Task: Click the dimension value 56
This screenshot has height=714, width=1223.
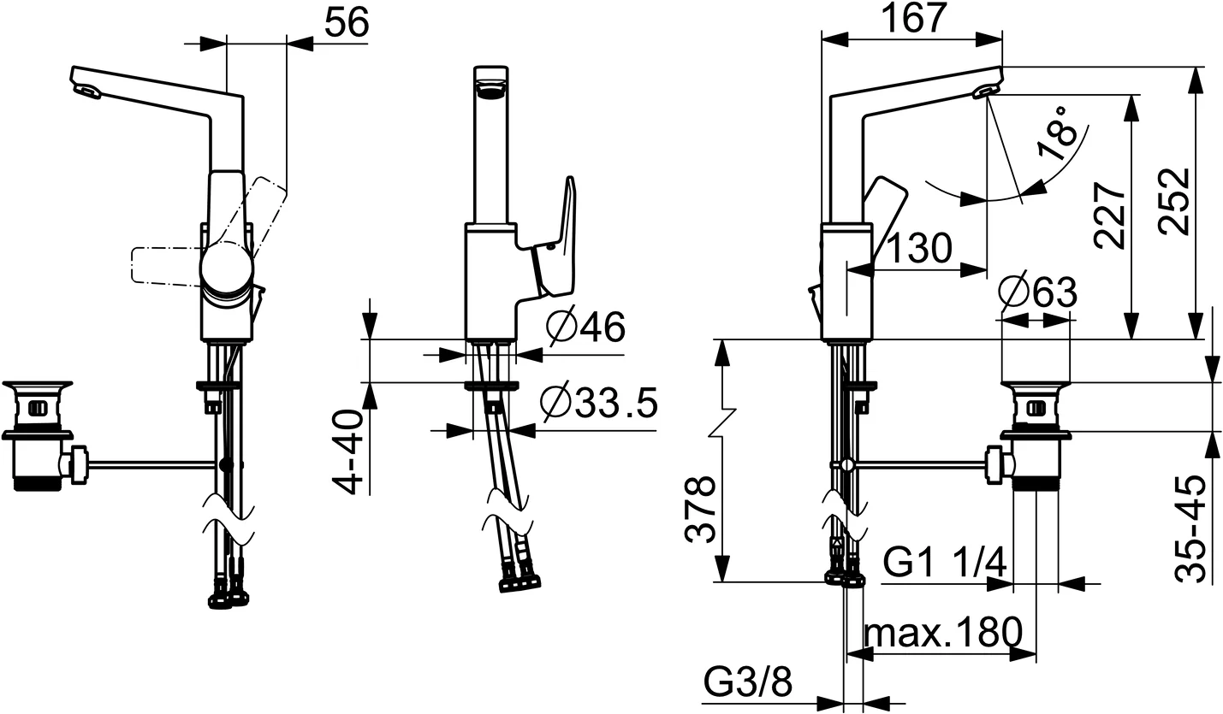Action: click(347, 24)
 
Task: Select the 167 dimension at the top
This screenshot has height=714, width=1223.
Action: click(911, 18)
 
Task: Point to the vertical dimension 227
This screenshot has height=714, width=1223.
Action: click(1110, 215)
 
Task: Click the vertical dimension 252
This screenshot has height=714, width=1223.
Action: click(1173, 202)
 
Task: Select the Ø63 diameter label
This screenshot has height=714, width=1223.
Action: click(1036, 293)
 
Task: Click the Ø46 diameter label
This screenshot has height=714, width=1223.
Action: click(585, 327)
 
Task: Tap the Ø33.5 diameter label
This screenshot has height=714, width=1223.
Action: click(598, 404)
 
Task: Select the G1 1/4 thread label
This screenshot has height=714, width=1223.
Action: click(944, 564)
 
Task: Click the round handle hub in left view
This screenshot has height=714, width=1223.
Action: click(227, 266)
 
